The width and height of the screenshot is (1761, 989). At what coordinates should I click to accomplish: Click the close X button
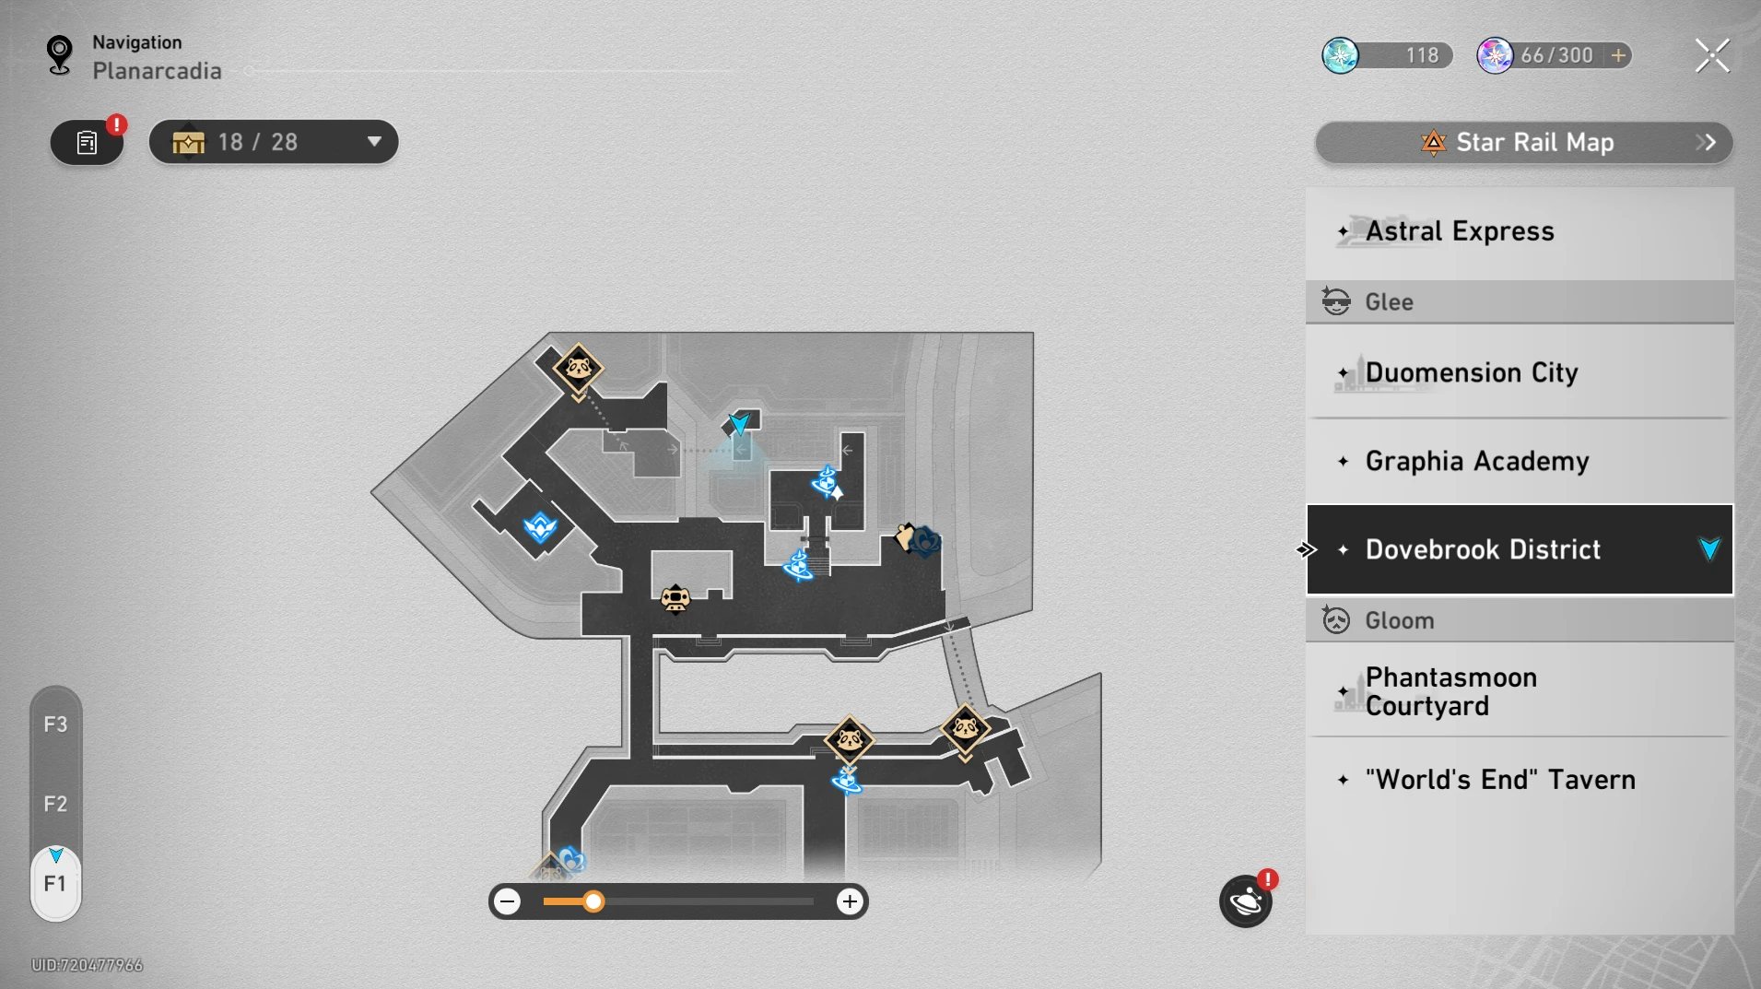tap(1712, 55)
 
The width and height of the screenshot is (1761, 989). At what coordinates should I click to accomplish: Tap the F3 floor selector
tap(55, 724)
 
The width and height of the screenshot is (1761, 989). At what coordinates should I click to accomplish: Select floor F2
tap(55, 804)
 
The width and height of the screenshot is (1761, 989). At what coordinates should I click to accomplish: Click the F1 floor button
tap(55, 884)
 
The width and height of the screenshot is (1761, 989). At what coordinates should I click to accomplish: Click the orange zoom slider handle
tap(593, 901)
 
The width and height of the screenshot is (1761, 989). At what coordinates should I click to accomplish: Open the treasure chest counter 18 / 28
tap(274, 142)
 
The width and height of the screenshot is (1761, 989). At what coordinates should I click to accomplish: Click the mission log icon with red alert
tap(88, 142)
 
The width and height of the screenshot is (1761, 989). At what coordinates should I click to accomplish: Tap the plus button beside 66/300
tap(1618, 55)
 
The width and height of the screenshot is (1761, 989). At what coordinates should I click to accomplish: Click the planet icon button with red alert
tap(1246, 901)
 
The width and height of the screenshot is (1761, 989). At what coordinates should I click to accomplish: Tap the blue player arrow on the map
tap(739, 423)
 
